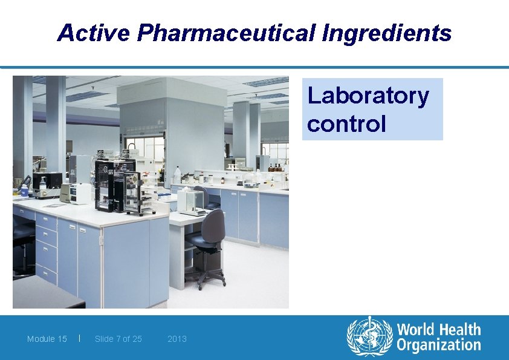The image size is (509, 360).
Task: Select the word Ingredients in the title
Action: [387, 33]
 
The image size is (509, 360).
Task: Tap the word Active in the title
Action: [93, 33]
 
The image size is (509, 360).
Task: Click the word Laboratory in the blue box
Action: [368, 96]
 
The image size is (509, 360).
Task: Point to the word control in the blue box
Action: [346, 123]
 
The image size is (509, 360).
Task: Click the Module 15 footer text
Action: [47, 339]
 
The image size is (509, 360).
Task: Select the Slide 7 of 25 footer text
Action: [118, 339]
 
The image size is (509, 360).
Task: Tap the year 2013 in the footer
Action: [177, 339]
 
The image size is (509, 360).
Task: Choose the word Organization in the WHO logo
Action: [439, 346]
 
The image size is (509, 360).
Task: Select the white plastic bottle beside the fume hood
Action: [178, 174]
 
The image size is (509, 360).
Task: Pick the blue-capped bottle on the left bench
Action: [24, 190]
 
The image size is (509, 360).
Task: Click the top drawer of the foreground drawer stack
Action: [46, 221]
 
